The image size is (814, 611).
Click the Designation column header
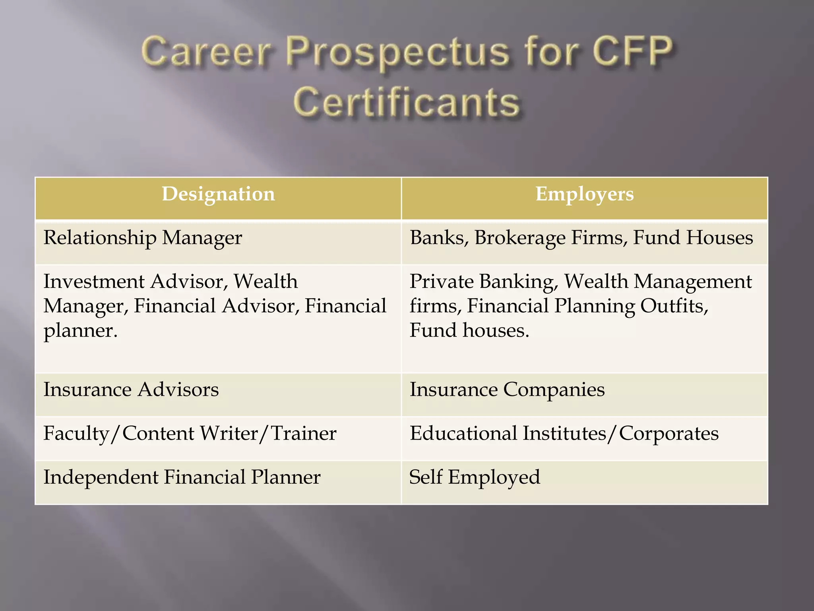pyautogui.click(x=218, y=195)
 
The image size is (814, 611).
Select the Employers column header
pyautogui.click(x=584, y=195)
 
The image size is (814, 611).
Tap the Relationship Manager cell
pyautogui.click(x=143, y=238)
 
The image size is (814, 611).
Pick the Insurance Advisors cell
pyautogui.click(x=131, y=389)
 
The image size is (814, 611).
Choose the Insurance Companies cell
pyautogui.click(x=507, y=389)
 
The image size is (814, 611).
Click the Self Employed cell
pyautogui.click(x=475, y=477)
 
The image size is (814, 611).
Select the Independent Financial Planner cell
pyautogui.click(x=182, y=477)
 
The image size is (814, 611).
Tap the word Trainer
pyautogui.click(x=304, y=434)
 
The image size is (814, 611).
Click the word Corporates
pyautogui.click(x=669, y=434)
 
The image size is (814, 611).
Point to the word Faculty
pyautogui.click(x=76, y=434)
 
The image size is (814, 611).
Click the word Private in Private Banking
pyautogui.click(x=441, y=282)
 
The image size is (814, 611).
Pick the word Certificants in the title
pyautogui.click(x=407, y=103)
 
